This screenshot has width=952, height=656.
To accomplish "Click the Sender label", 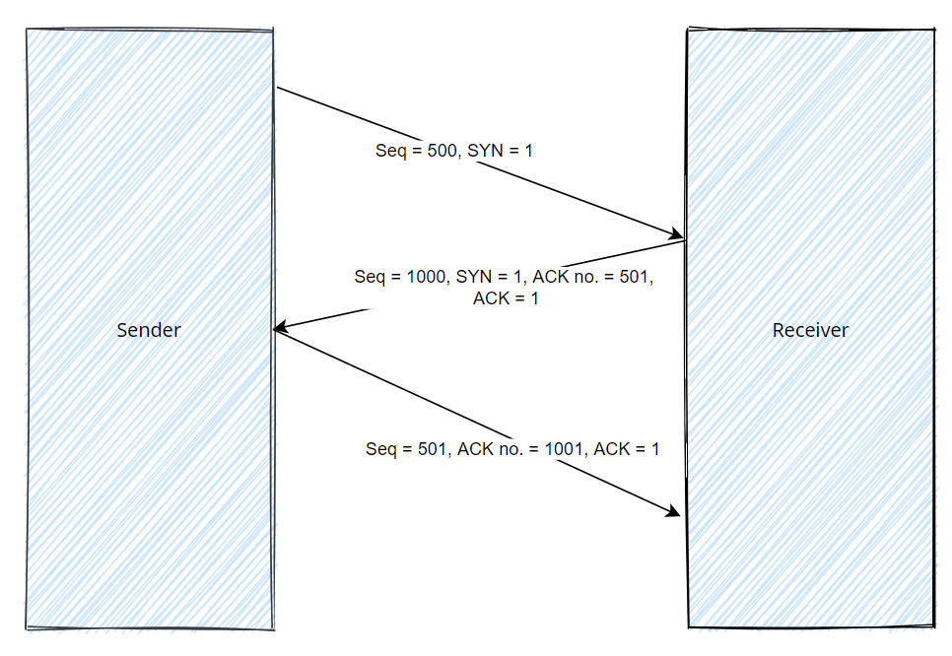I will (149, 330).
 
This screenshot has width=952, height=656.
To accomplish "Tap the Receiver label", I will (810, 330).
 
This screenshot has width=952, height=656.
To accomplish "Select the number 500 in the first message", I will (442, 151).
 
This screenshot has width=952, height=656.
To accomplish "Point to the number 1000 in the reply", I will (426, 278).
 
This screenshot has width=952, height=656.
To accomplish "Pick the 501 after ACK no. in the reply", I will (635, 278).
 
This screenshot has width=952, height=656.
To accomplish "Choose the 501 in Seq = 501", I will (431, 449).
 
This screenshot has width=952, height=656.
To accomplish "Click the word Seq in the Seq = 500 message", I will (389, 151).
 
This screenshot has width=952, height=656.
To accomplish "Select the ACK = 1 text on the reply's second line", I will (506, 298).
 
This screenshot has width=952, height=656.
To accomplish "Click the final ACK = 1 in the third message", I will (627, 449).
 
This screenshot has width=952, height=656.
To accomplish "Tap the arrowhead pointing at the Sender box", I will (279, 329).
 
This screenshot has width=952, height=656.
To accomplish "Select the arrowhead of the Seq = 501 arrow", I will (676, 512).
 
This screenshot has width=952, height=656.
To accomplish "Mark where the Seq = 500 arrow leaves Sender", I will (278, 89).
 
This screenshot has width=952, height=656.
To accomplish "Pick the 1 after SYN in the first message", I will (529, 151).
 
